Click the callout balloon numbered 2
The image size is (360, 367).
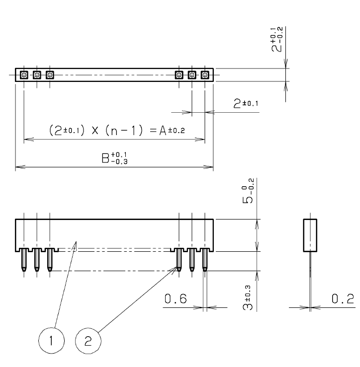click(x=88, y=341)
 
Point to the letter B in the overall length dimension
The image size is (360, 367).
click(x=105, y=158)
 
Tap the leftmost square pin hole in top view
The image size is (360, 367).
click(x=24, y=75)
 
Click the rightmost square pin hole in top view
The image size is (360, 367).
click(x=205, y=75)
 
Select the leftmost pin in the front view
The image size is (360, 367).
click(x=24, y=259)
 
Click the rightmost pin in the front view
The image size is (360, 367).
click(x=205, y=259)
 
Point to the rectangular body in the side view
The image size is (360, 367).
click(x=310, y=235)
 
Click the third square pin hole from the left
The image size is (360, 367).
click(x=50, y=75)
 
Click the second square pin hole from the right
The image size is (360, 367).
click(x=192, y=75)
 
